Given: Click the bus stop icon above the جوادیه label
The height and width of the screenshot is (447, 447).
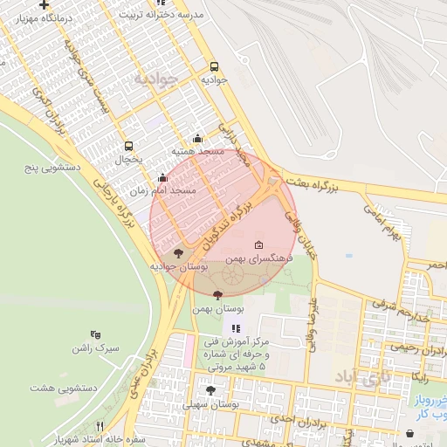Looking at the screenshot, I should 215,65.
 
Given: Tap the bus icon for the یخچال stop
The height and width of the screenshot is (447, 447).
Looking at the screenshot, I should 129,147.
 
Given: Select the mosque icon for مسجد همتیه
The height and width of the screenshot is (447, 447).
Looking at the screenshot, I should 198,138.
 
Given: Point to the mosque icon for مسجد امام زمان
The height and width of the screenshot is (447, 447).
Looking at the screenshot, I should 162,177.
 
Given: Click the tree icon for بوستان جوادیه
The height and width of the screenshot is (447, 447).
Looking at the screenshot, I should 179,253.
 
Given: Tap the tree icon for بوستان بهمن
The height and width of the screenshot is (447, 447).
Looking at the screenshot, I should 217,295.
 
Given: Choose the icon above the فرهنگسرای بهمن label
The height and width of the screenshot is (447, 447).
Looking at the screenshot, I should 258,245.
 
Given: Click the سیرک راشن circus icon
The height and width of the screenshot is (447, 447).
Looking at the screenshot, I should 95,334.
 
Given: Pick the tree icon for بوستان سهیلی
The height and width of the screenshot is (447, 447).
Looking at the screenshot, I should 210,389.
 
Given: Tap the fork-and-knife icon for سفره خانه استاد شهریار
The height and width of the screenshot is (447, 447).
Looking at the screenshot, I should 99,426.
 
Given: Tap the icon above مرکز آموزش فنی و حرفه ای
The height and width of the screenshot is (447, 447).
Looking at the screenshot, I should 235,328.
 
